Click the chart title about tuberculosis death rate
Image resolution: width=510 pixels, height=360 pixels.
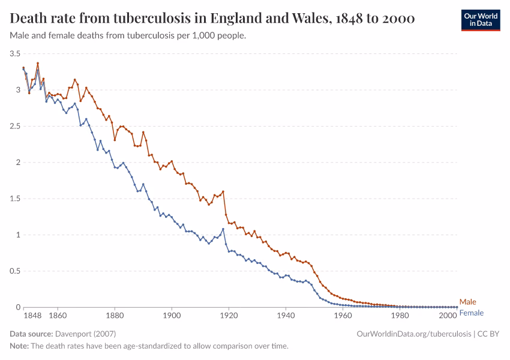coord(212,19)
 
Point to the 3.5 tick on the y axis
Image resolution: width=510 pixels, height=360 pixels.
coord(14,53)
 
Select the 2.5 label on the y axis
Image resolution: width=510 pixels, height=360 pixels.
coord(14,126)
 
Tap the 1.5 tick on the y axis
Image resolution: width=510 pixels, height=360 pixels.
coord(14,199)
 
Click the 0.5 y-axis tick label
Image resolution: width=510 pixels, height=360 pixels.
coord(14,271)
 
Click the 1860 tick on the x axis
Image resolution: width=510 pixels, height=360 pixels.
coord(58,315)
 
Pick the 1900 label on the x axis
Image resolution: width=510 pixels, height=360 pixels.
coord(172,315)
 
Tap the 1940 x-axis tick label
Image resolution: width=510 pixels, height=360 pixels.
coord(286,315)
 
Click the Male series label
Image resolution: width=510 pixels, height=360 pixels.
coord(467,302)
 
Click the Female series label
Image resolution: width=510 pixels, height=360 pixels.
coord(471,313)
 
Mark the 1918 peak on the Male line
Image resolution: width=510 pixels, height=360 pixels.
coord(223,191)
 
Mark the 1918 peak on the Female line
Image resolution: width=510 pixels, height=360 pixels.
coord(223,229)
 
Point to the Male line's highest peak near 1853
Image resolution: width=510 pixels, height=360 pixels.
coord(38,63)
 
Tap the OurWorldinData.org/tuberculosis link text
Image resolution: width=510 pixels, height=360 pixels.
coord(413,334)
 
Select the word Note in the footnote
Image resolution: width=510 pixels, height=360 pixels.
coord(19,346)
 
